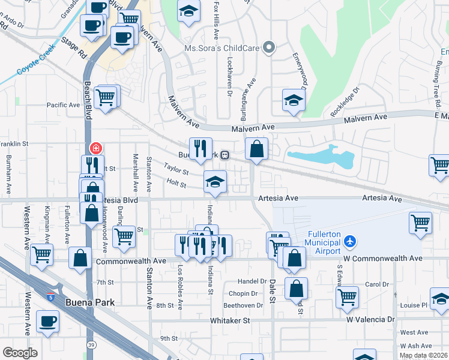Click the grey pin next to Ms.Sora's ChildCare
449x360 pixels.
[x=270, y=47]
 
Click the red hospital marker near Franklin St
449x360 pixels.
[x=95, y=148]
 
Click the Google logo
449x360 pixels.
[x=20, y=352]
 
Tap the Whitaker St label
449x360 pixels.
[x=230, y=321]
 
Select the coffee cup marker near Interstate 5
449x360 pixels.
[x=48, y=320]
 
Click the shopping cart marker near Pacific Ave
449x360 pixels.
[x=106, y=97]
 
